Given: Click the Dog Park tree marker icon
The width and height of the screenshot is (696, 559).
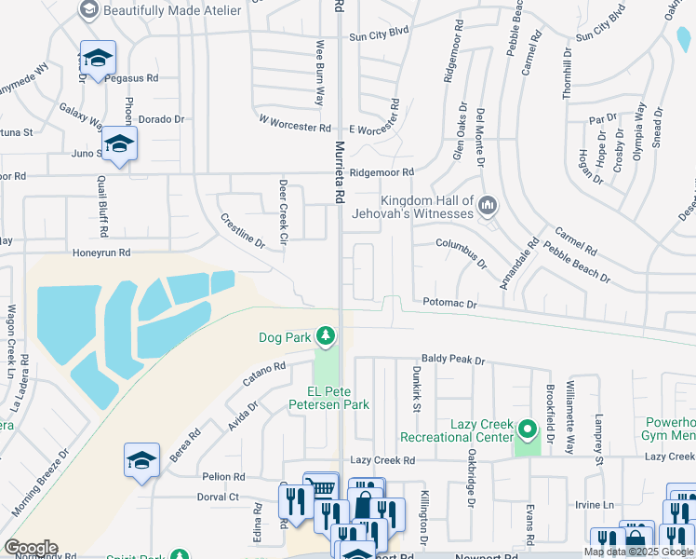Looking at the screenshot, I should (325, 334).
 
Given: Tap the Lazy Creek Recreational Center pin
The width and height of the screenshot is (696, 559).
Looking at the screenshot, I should (528, 430).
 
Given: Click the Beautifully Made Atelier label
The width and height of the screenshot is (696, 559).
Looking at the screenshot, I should (172, 10).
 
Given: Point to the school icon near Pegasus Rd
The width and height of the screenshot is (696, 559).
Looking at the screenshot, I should (97, 58).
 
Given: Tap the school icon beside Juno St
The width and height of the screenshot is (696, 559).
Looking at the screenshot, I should (119, 143).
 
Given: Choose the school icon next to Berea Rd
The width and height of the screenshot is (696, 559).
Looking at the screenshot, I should (141, 459).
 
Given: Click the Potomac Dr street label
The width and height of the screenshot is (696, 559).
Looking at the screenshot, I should (449, 304).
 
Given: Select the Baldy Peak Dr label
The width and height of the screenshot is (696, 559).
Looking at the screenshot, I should (453, 360).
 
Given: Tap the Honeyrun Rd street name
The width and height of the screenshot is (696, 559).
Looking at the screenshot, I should (101, 252).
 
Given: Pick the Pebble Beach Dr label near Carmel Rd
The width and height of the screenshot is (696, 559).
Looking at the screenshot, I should (578, 265).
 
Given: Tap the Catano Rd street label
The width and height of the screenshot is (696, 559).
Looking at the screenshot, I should (264, 375).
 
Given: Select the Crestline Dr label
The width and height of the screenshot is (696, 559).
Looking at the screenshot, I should (242, 231).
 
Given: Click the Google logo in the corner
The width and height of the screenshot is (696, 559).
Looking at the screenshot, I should (30, 548).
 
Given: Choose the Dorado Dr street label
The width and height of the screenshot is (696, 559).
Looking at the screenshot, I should (162, 119).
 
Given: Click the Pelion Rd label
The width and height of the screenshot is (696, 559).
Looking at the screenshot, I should (223, 476).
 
